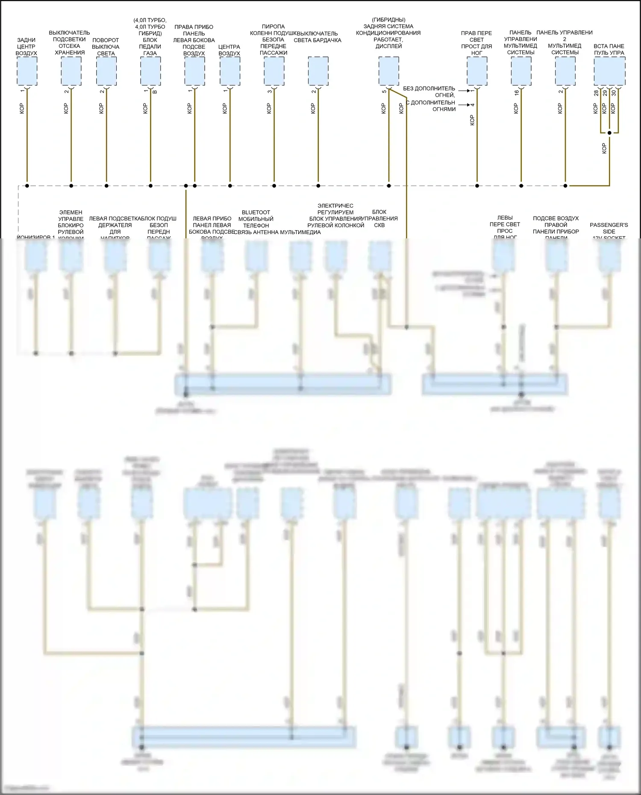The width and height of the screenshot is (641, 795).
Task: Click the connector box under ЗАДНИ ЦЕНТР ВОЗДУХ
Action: pyautogui.click(x=27, y=71)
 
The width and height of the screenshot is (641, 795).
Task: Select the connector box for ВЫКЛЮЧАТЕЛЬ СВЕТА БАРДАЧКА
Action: pyautogui.click(x=318, y=71)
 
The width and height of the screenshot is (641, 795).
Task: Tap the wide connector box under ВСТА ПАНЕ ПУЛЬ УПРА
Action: pyautogui.click(x=609, y=71)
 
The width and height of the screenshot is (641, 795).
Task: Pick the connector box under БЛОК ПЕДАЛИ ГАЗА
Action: pyautogui.click(x=150, y=71)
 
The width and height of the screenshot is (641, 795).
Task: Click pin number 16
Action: pyautogui.click(x=516, y=92)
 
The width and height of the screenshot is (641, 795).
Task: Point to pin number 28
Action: pyautogui.click(x=596, y=93)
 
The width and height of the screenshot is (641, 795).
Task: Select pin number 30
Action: pyautogui.click(x=614, y=93)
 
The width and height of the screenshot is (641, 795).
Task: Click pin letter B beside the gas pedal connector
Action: pyautogui.click(x=155, y=92)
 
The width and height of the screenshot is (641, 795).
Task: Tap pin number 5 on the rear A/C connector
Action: pyautogui.click(x=384, y=91)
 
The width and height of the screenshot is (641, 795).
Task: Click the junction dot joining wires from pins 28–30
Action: pyautogui.click(x=609, y=133)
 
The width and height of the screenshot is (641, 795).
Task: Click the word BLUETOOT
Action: pyautogui.click(x=256, y=212)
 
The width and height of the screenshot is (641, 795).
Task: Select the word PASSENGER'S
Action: pyautogui.click(x=609, y=225)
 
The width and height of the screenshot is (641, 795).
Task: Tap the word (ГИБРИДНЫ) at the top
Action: pyautogui.click(x=388, y=20)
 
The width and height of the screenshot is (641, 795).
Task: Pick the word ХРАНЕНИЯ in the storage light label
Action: pyautogui.click(x=70, y=53)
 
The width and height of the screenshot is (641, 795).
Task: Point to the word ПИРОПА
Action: pyautogui.click(x=273, y=26)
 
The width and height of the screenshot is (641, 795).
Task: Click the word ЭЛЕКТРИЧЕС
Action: pyautogui.click(x=335, y=205)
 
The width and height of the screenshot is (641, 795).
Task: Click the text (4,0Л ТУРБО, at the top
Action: pyautogui.click(x=150, y=20)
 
